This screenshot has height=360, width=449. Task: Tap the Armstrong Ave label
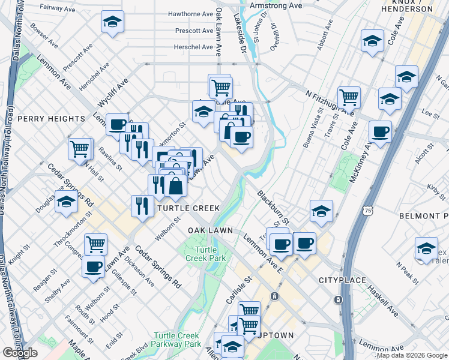point(276,5)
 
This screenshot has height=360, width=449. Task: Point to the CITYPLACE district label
point(342,280)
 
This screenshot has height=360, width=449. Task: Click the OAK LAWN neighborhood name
point(210,230)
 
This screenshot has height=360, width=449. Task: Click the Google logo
point(20,353)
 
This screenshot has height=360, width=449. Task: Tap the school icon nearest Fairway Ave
point(111,23)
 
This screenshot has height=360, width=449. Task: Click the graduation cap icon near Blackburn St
point(321,211)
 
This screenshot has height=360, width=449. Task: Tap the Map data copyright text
point(412,355)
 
